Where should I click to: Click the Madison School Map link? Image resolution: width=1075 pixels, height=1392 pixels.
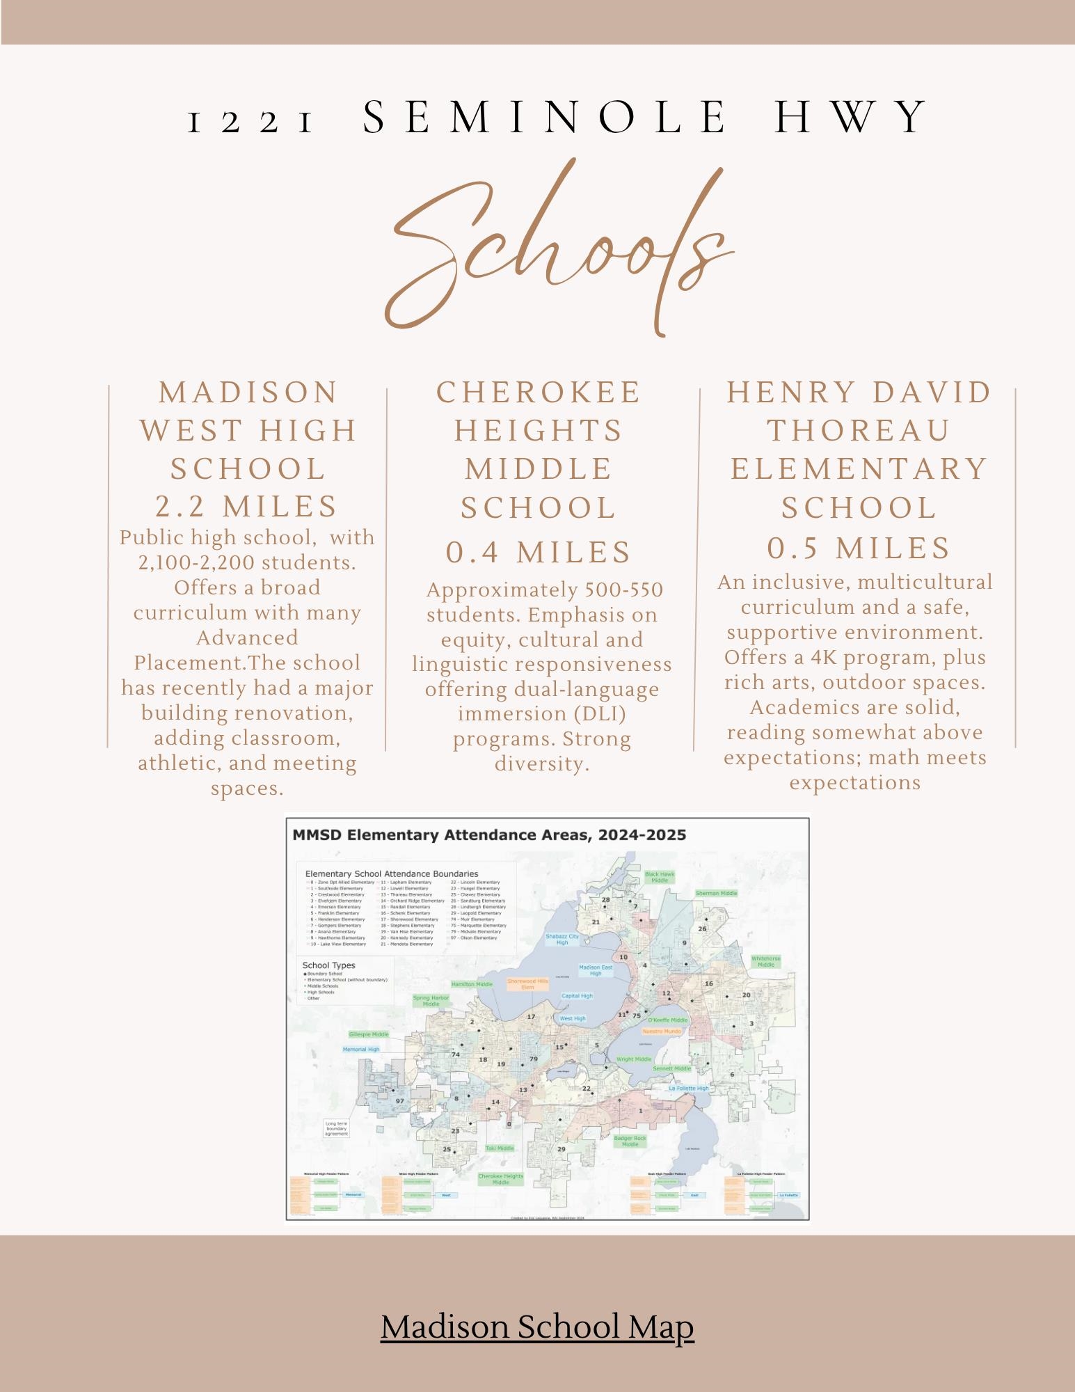point(537,1328)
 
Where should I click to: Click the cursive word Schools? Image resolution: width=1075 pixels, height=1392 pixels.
point(557,251)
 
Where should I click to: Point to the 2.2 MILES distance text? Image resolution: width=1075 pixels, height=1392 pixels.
point(247,506)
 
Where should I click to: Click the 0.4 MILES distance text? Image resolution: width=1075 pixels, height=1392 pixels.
point(539,552)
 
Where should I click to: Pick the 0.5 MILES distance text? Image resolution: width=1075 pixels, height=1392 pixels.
point(859,548)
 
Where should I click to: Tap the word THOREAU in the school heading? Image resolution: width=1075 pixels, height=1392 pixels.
point(859,430)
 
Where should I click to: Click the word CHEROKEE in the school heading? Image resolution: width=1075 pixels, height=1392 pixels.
point(539,392)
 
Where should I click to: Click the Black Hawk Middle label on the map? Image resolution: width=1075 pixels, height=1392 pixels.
point(659,877)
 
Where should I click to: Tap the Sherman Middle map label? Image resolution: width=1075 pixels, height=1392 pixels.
point(716,893)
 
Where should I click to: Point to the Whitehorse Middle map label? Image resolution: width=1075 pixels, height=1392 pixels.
point(766,961)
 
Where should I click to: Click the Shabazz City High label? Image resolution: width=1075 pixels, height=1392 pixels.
point(562,940)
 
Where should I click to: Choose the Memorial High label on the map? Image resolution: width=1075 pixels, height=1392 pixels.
point(361,1049)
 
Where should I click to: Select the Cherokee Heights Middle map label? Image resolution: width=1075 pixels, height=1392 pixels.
point(500,1179)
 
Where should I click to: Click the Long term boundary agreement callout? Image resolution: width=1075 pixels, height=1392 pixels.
point(336,1128)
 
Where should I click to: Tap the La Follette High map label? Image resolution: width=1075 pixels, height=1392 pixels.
point(688,1088)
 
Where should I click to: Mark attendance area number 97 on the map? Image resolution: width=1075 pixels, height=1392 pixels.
point(399,1101)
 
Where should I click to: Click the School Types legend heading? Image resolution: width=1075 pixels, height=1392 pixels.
point(328,965)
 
